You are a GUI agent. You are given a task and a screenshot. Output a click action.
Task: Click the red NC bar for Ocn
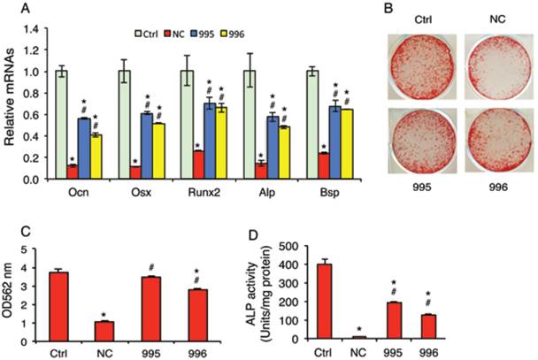(71, 172)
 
